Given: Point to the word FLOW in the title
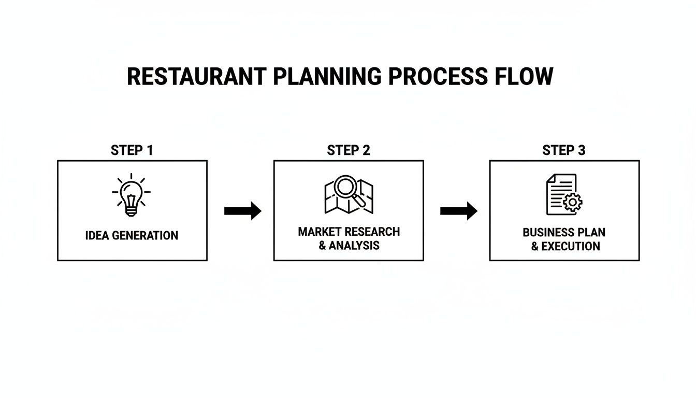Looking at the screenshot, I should tap(523, 77).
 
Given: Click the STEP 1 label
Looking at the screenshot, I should tap(132, 150).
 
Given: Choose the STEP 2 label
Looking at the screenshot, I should tap(349, 150).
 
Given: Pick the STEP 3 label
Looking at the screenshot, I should tap(564, 150).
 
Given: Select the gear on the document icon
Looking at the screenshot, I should tap(573, 202).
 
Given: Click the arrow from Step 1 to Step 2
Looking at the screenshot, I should tap(242, 211).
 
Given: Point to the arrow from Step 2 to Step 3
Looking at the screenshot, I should tap(458, 211).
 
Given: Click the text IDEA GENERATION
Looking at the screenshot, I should tap(132, 236).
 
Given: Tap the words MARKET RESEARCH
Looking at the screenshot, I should tap(349, 232).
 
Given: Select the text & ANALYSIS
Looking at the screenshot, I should tap(349, 245).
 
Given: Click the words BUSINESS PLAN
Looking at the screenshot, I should tap(564, 232).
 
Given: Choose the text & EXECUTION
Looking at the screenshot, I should tap(565, 246).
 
